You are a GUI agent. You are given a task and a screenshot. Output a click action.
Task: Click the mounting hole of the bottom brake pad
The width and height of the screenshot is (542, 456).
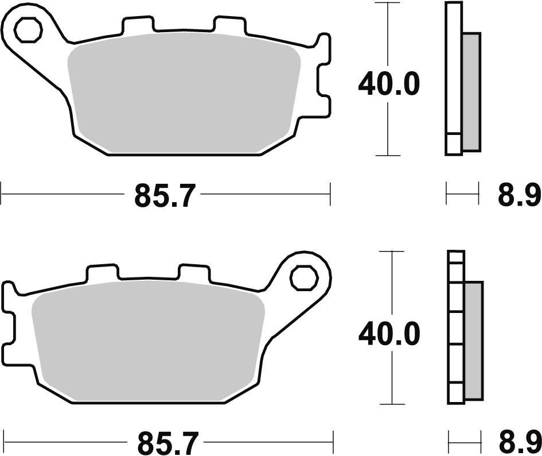point(303,278)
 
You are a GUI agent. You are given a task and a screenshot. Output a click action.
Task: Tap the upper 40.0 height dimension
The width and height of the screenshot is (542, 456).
point(389,85)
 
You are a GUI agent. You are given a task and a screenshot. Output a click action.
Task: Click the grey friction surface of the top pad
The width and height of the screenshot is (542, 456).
point(184,95)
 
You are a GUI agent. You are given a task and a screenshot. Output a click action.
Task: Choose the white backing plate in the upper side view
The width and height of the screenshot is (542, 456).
point(453,69)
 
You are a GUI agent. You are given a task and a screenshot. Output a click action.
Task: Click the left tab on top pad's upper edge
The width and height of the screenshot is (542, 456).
point(138,26)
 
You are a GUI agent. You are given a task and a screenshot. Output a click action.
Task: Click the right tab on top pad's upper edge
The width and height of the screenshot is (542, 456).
point(230,26)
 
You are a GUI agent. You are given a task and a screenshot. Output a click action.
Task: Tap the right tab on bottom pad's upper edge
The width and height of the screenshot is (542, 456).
point(194,273)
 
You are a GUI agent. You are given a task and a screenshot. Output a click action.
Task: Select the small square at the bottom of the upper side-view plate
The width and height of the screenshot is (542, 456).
point(453,144)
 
